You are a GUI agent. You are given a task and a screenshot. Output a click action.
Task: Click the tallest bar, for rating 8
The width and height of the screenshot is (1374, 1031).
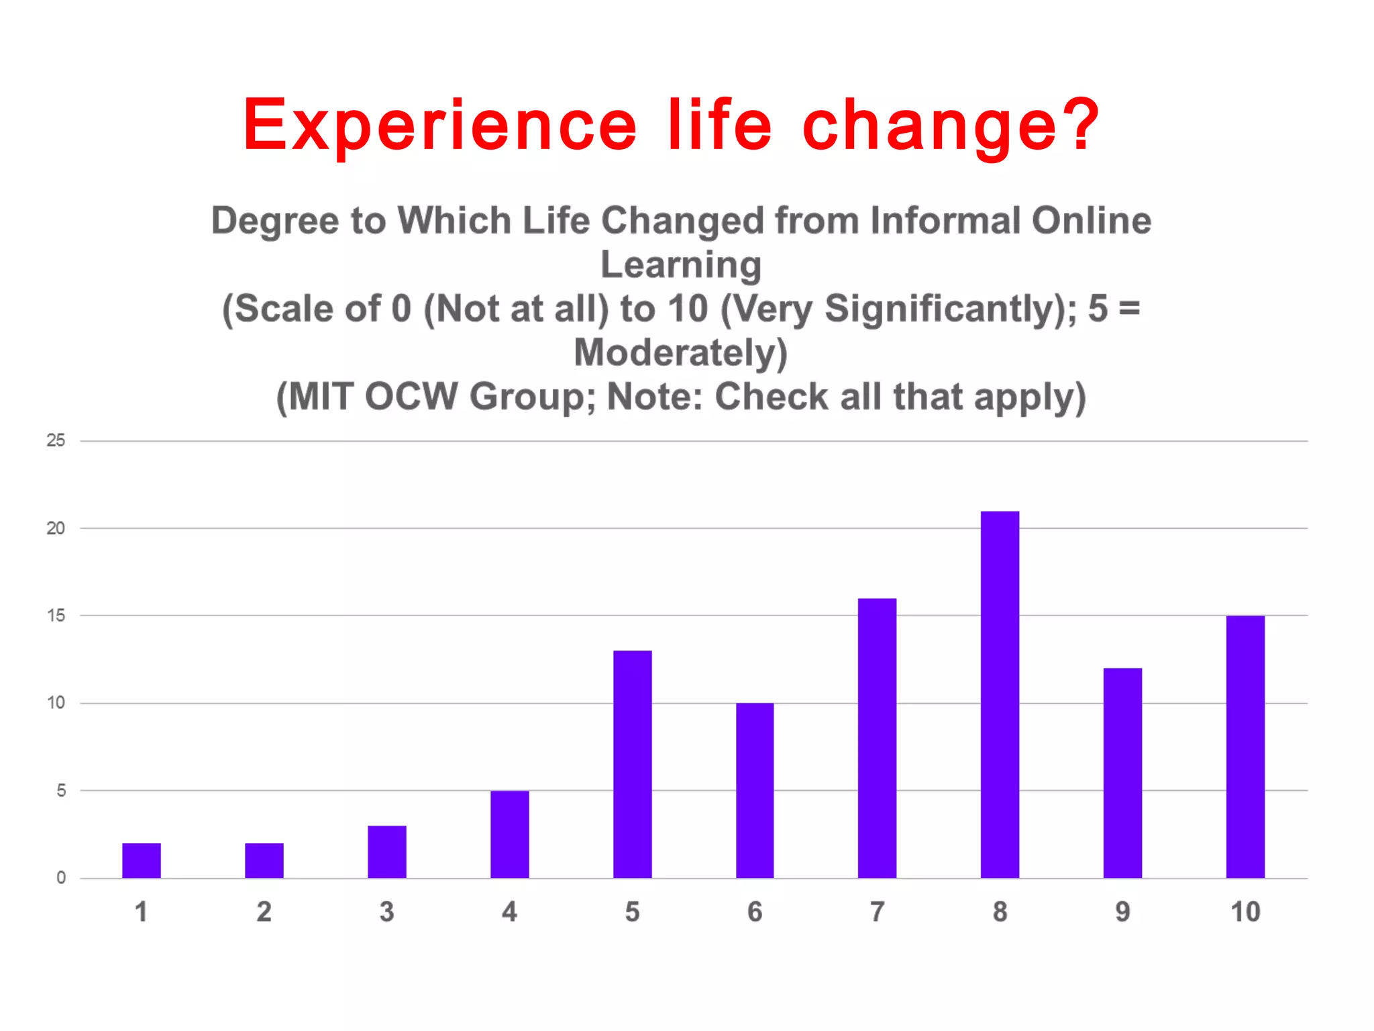point(1000,695)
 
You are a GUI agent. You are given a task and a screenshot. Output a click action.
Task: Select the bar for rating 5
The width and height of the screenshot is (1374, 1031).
point(632,765)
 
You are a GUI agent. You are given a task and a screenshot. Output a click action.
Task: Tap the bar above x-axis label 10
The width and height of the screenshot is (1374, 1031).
point(1245,747)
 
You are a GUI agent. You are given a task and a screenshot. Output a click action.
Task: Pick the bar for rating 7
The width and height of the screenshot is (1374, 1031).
point(877,738)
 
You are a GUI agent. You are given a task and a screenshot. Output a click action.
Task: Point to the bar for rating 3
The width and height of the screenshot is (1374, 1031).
point(387,852)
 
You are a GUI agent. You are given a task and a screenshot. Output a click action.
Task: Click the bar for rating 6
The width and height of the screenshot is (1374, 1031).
point(755,791)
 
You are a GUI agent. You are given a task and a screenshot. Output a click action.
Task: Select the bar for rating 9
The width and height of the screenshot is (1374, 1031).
point(1122,773)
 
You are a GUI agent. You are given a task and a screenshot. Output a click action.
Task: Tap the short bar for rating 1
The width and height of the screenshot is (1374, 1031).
point(142,861)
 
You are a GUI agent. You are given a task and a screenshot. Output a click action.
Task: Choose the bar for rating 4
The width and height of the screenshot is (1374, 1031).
point(510,834)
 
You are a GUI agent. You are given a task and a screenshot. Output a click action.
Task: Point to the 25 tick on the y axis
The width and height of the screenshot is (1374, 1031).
point(56,440)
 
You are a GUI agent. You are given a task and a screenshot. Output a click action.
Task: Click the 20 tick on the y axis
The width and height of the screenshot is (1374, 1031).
point(56,528)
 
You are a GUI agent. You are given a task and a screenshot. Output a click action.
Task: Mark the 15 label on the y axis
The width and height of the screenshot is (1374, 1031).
point(56,616)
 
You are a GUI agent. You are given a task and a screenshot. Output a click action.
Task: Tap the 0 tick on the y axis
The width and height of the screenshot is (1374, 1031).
point(61,878)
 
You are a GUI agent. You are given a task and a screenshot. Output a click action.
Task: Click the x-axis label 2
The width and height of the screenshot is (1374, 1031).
point(264,912)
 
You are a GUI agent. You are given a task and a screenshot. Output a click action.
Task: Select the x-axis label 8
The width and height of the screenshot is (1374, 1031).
point(1000,912)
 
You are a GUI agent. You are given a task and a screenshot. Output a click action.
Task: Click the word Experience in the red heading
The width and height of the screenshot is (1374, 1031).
point(439,125)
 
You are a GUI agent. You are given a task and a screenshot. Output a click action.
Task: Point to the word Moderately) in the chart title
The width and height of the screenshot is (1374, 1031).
point(681,353)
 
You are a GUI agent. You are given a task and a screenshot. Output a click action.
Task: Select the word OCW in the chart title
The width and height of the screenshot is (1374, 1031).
point(411,397)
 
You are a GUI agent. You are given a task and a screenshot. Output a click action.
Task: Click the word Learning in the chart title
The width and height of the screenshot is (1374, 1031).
point(681,265)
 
